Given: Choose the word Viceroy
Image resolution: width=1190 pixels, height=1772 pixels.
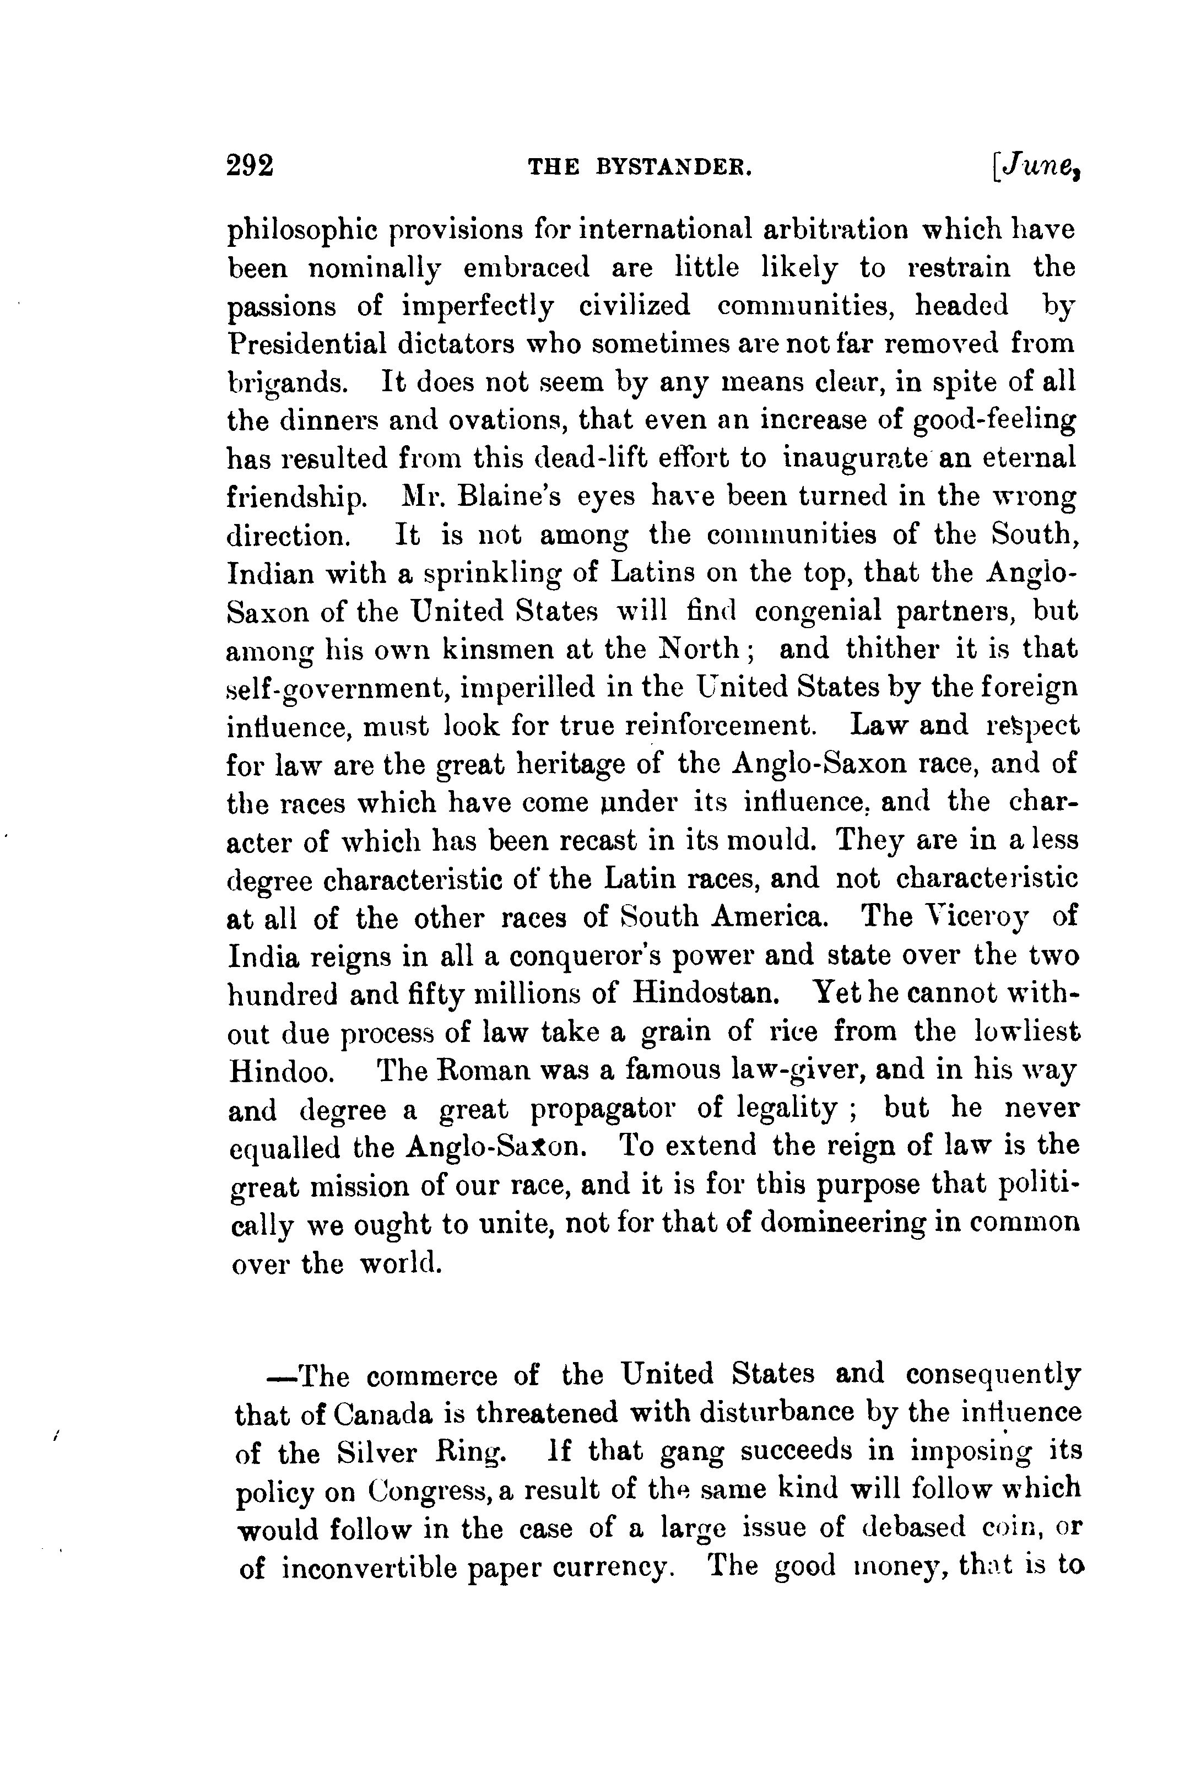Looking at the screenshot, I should point(972,917).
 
